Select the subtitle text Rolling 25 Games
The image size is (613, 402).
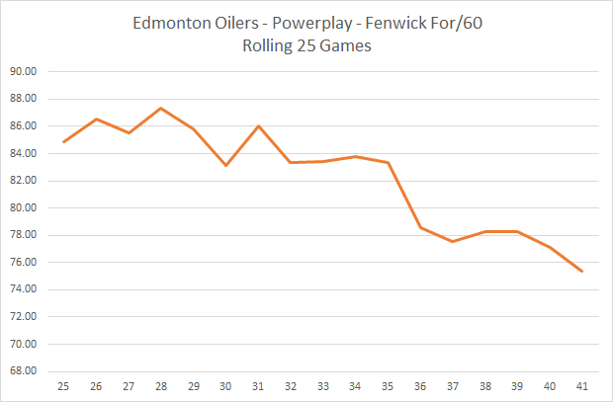[x=306, y=45]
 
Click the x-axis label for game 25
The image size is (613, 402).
[x=64, y=386]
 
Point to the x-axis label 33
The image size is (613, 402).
[x=322, y=386]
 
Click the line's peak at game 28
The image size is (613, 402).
[x=161, y=108]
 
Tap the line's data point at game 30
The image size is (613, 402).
[x=225, y=165]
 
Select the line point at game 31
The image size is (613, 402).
[x=258, y=126]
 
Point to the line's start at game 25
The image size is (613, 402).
[x=64, y=141]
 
